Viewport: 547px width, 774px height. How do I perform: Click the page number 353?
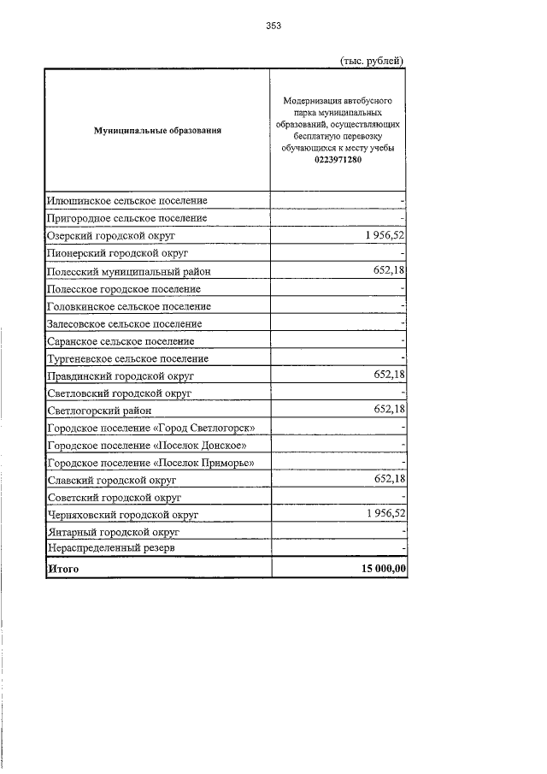(273, 26)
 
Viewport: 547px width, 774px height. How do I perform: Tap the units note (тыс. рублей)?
(372, 60)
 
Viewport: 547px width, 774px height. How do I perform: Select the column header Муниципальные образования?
(157, 131)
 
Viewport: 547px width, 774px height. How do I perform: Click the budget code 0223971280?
(338, 159)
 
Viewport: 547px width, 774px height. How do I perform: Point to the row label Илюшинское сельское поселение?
(127, 200)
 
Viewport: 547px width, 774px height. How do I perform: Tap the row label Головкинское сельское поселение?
(129, 306)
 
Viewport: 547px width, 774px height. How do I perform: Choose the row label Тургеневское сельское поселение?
(128, 359)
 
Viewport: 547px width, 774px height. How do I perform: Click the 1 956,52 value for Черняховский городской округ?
(381, 513)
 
